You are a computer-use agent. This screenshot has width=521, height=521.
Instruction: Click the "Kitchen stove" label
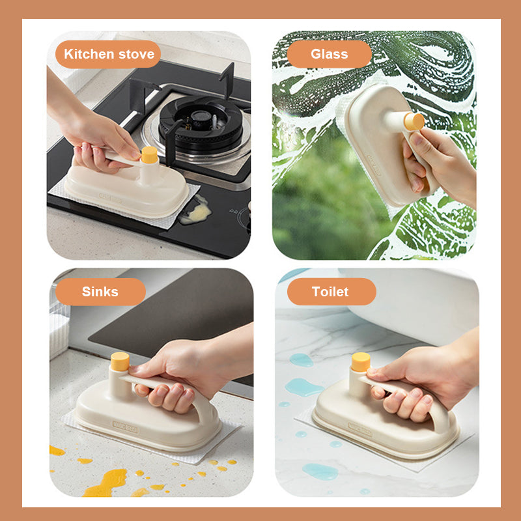coord(108,54)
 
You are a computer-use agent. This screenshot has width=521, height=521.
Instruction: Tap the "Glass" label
coord(329,54)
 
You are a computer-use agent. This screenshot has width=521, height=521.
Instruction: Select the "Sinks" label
coord(100,292)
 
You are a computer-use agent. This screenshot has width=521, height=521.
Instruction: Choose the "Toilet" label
coord(331,292)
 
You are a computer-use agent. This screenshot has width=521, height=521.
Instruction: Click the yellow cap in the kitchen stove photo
coord(150,155)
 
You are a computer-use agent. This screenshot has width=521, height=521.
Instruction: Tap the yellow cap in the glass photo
coord(414,122)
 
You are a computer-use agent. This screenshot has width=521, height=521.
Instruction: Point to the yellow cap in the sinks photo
coord(120,361)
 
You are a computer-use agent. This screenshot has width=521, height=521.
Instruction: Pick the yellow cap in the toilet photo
coord(361,362)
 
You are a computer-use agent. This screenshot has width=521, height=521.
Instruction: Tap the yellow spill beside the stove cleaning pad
coord(196,211)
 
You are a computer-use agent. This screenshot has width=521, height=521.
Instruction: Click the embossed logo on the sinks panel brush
coord(126,427)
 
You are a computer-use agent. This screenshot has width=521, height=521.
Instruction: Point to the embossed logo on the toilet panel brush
coord(360,429)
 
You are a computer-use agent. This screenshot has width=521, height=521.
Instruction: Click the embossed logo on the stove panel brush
coord(111,199)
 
